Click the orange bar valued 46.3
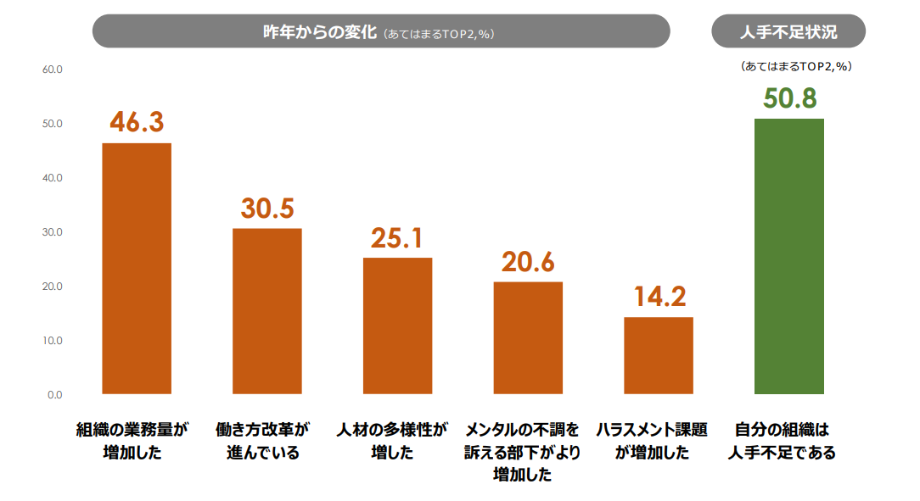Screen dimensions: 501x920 137,269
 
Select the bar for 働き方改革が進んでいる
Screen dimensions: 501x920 267,311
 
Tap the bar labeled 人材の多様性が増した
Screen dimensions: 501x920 397,326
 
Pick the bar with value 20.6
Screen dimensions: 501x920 528,337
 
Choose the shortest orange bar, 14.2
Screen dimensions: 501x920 659,355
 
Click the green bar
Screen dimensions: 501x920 789,256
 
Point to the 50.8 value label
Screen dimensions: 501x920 789,98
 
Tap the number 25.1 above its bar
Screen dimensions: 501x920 397,238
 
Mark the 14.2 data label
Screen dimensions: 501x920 659,297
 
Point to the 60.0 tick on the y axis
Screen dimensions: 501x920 53,70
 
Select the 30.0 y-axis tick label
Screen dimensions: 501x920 53,232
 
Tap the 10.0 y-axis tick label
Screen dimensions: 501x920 53,341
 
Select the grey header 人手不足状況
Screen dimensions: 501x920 788,32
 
